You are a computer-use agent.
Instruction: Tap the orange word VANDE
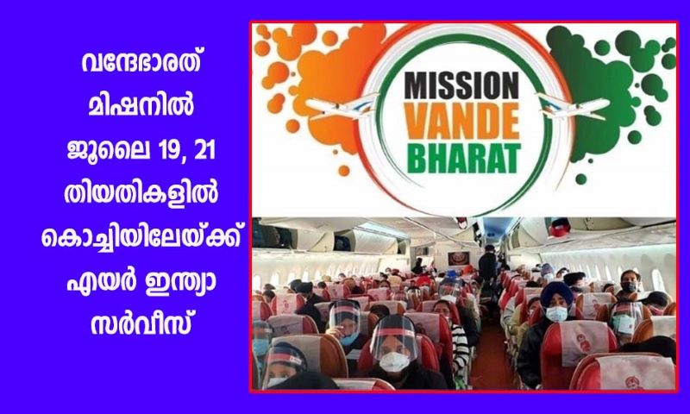pyautogui.click(x=462, y=122)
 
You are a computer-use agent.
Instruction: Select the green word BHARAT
pyautogui.click(x=464, y=158)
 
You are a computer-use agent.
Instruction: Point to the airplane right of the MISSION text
pyautogui.click(x=574, y=105)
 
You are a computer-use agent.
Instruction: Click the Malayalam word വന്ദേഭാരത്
pyautogui.click(x=141, y=64)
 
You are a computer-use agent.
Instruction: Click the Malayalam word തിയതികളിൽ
pyautogui.click(x=141, y=194)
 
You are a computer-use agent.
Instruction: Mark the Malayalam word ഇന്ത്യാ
pyautogui.click(x=179, y=283)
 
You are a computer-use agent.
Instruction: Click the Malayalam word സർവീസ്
pyautogui.click(x=141, y=325)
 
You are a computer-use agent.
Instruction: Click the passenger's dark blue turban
pyautogui.click(x=556, y=293)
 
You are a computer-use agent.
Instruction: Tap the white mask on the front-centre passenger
pyautogui.click(x=394, y=361)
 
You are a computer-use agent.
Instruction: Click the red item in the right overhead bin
pyautogui.click(x=560, y=229)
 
